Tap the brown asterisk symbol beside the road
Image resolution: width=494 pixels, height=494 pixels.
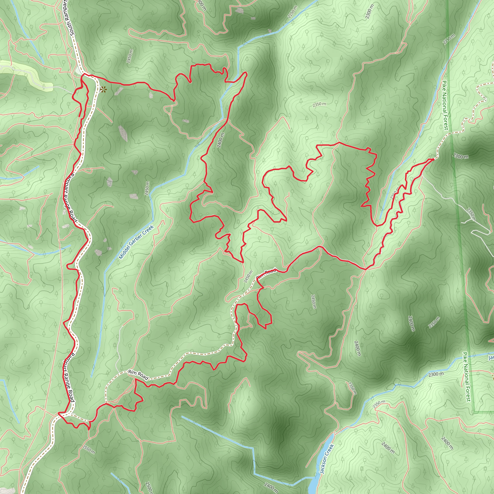coord(103,89)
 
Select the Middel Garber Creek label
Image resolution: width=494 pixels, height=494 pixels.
coord(136,242)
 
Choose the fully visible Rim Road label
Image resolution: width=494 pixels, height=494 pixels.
coord(138,375)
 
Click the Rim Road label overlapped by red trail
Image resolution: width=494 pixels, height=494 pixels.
coord(267,273)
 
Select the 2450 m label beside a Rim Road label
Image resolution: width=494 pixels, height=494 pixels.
coord(248,277)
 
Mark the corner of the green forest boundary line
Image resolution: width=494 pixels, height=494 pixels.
coord(474,412)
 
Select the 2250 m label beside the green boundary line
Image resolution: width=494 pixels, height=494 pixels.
coord(449,39)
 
